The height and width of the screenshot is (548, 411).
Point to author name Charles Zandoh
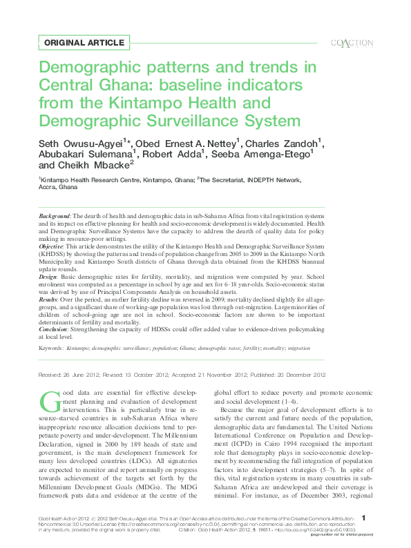(x=283, y=143)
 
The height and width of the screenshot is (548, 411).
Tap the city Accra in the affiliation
(x=47, y=187)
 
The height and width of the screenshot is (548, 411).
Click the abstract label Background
(x=54, y=217)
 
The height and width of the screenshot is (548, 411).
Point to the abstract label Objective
(x=50, y=246)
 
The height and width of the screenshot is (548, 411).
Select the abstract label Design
(x=48, y=275)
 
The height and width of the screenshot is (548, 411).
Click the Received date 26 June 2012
(x=70, y=375)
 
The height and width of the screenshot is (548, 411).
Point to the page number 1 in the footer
(x=363, y=517)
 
